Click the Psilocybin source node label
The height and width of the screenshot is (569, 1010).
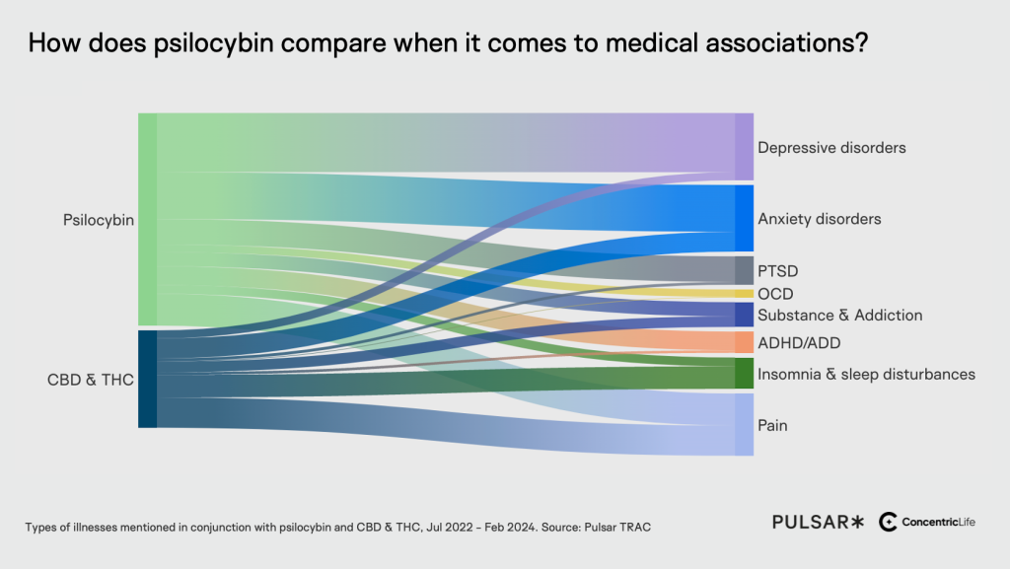pos(99,220)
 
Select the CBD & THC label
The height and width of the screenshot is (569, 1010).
pos(91,379)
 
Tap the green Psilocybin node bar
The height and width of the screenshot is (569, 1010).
pos(147,219)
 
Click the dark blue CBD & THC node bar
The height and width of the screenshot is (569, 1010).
pos(147,379)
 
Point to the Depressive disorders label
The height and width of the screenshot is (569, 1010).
pos(831,148)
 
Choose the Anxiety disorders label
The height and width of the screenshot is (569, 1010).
pos(819,219)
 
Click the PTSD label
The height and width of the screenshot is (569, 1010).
pos(777,270)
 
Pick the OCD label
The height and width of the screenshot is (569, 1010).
pos(775,294)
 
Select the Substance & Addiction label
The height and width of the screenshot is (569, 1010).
pos(839,316)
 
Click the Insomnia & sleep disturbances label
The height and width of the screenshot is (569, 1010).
pos(866,375)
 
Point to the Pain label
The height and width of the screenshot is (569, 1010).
pos(772,426)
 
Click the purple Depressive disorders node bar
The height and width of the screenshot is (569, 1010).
pos(744,147)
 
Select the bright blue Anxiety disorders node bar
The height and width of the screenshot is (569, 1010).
pos(744,218)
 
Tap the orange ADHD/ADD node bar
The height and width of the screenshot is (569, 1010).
pos(744,342)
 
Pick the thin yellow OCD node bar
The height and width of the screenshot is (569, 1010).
pos(744,293)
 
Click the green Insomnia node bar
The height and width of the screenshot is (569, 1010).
pos(744,374)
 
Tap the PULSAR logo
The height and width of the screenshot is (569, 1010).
pos(818,522)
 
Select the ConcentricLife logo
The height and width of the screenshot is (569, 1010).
pos(926,522)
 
